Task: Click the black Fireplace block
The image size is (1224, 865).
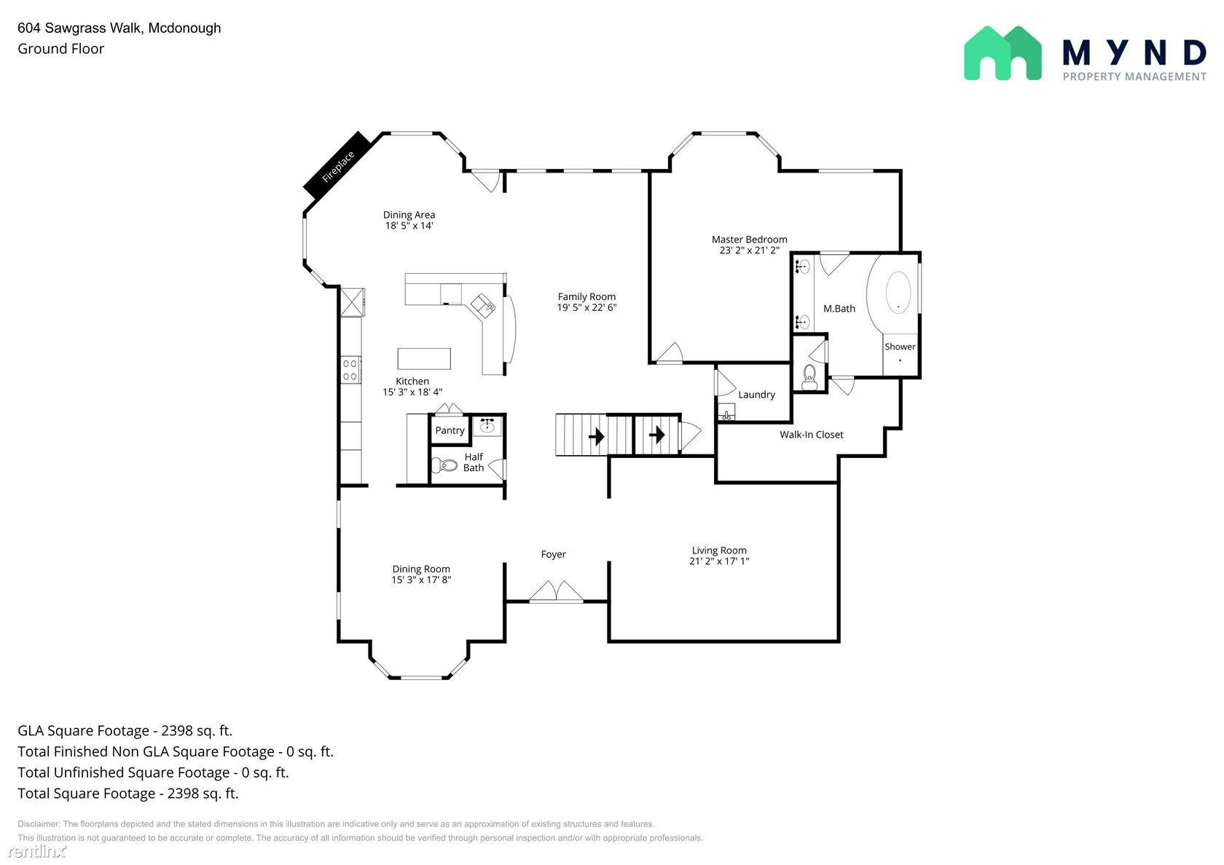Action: tap(339, 165)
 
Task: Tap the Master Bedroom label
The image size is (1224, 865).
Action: tap(749, 239)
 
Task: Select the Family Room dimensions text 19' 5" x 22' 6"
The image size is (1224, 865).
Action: tap(586, 307)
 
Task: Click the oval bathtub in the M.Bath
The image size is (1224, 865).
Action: tap(898, 293)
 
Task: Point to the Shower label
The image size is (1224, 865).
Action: tap(899, 347)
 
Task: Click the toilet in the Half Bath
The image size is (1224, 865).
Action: tap(444, 465)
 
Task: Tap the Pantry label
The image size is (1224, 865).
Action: tap(450, 430)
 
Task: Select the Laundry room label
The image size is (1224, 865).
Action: tap(756, 395)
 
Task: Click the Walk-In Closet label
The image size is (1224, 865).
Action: tap(812, 435)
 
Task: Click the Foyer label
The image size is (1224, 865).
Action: tap(553, 554)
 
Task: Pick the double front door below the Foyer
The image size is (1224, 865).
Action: tap(557, 592)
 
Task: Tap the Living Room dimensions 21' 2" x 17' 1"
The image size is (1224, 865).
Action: tap(719, 561)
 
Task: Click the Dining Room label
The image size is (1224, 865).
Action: tap(421, 569)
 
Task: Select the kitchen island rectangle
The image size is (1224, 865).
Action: tap(424, 359)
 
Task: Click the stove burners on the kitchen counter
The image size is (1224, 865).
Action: tap(350, 370)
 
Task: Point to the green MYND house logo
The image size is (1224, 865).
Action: tap(1003, 54)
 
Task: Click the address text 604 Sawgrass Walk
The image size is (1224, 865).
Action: tap(81, 28)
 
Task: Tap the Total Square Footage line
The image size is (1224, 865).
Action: tap(128, 794)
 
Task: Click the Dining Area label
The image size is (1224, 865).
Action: tap(409, 215)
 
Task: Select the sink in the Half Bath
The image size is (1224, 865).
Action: tap(487, 425)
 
